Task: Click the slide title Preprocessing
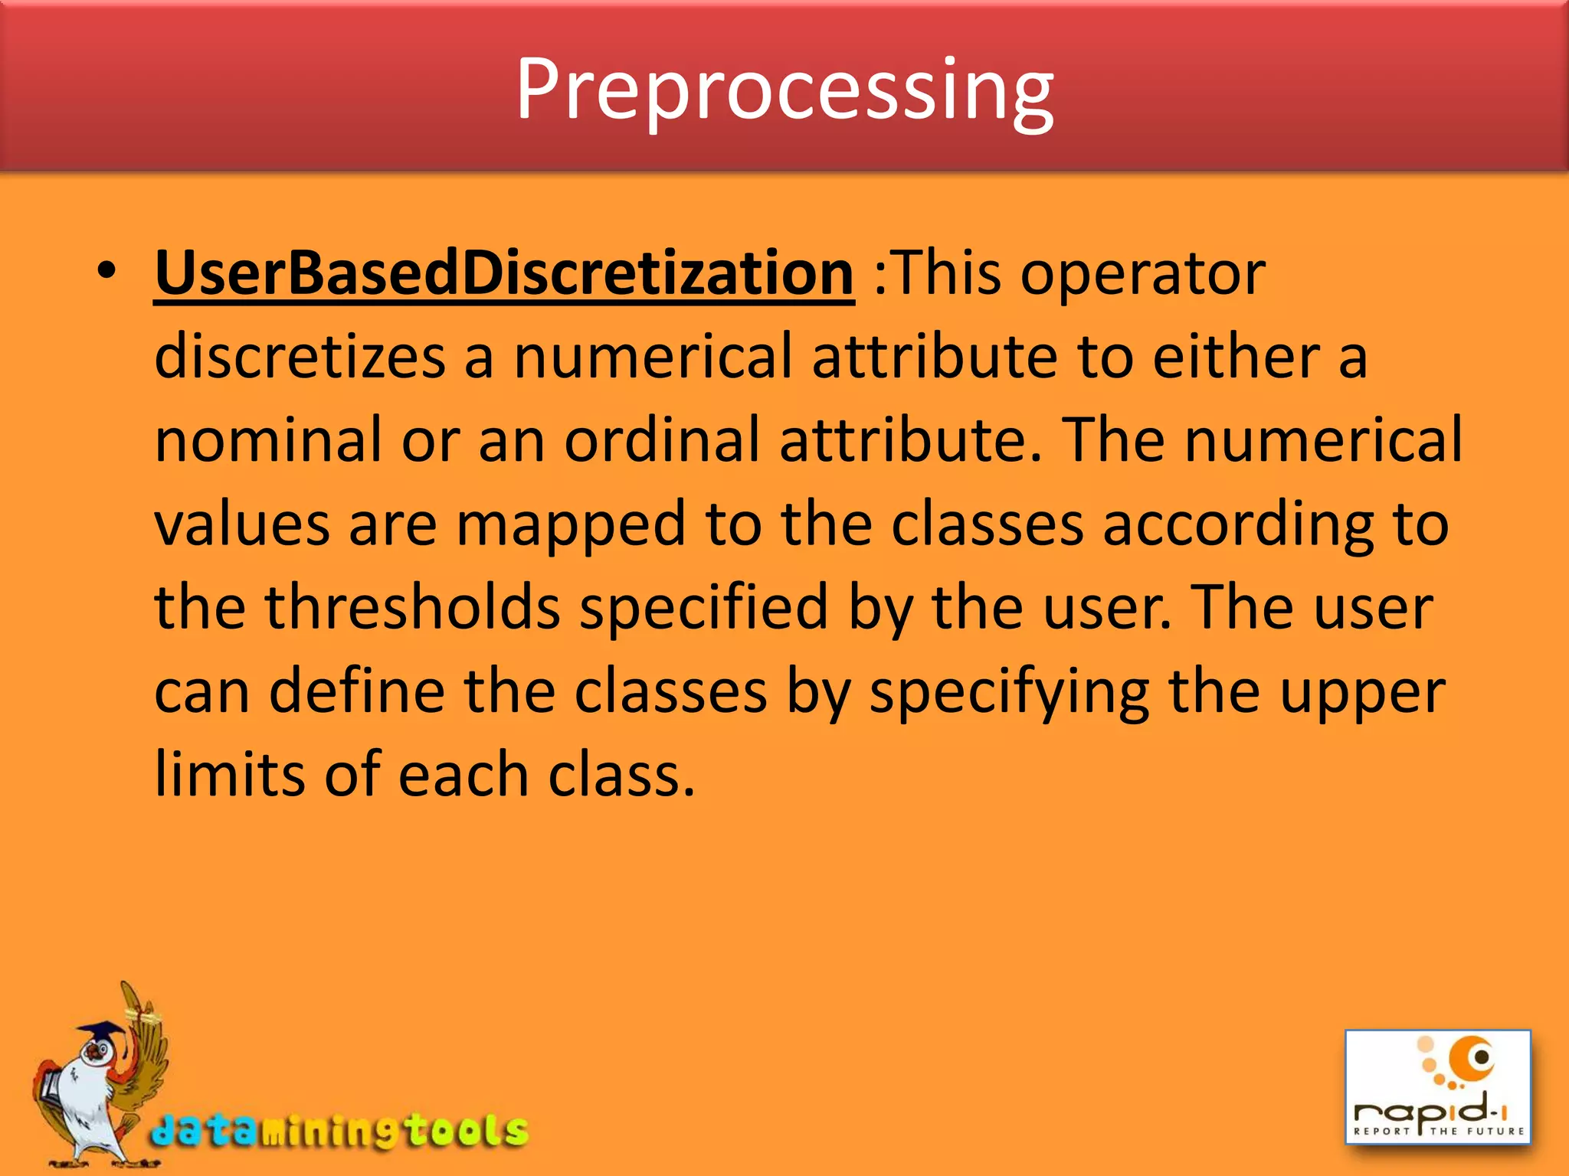tap(784, 90)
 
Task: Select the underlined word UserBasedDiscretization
tap(504, 274)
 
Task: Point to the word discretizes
tap(300, 358)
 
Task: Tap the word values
tap(242, 525)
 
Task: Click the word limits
tap(230, 775)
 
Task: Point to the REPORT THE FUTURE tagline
tap(1438, 1131)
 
